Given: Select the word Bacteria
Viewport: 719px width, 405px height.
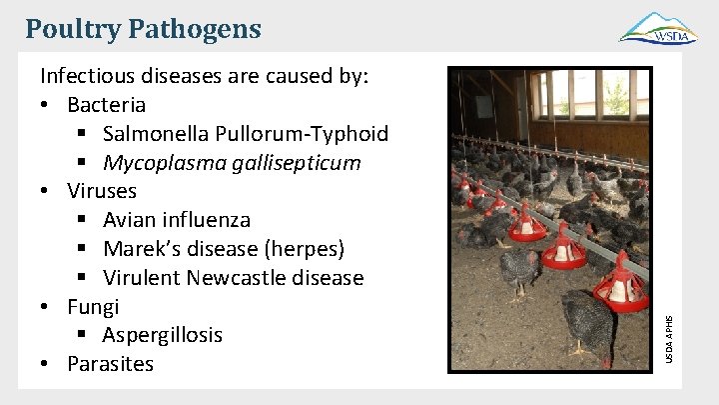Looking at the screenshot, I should (106, 105).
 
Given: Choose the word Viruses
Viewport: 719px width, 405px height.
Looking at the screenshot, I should (102, 191).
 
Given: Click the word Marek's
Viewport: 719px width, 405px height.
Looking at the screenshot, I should (140, 248).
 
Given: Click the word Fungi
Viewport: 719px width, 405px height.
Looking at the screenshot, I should (93, 306).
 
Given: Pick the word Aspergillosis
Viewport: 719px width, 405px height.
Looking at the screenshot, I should (162, 335).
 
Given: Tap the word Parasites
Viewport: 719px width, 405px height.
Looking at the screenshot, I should (110, 364).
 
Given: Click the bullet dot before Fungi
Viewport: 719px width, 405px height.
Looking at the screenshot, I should (46, 307).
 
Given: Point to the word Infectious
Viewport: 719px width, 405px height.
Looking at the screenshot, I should (88, 76).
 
